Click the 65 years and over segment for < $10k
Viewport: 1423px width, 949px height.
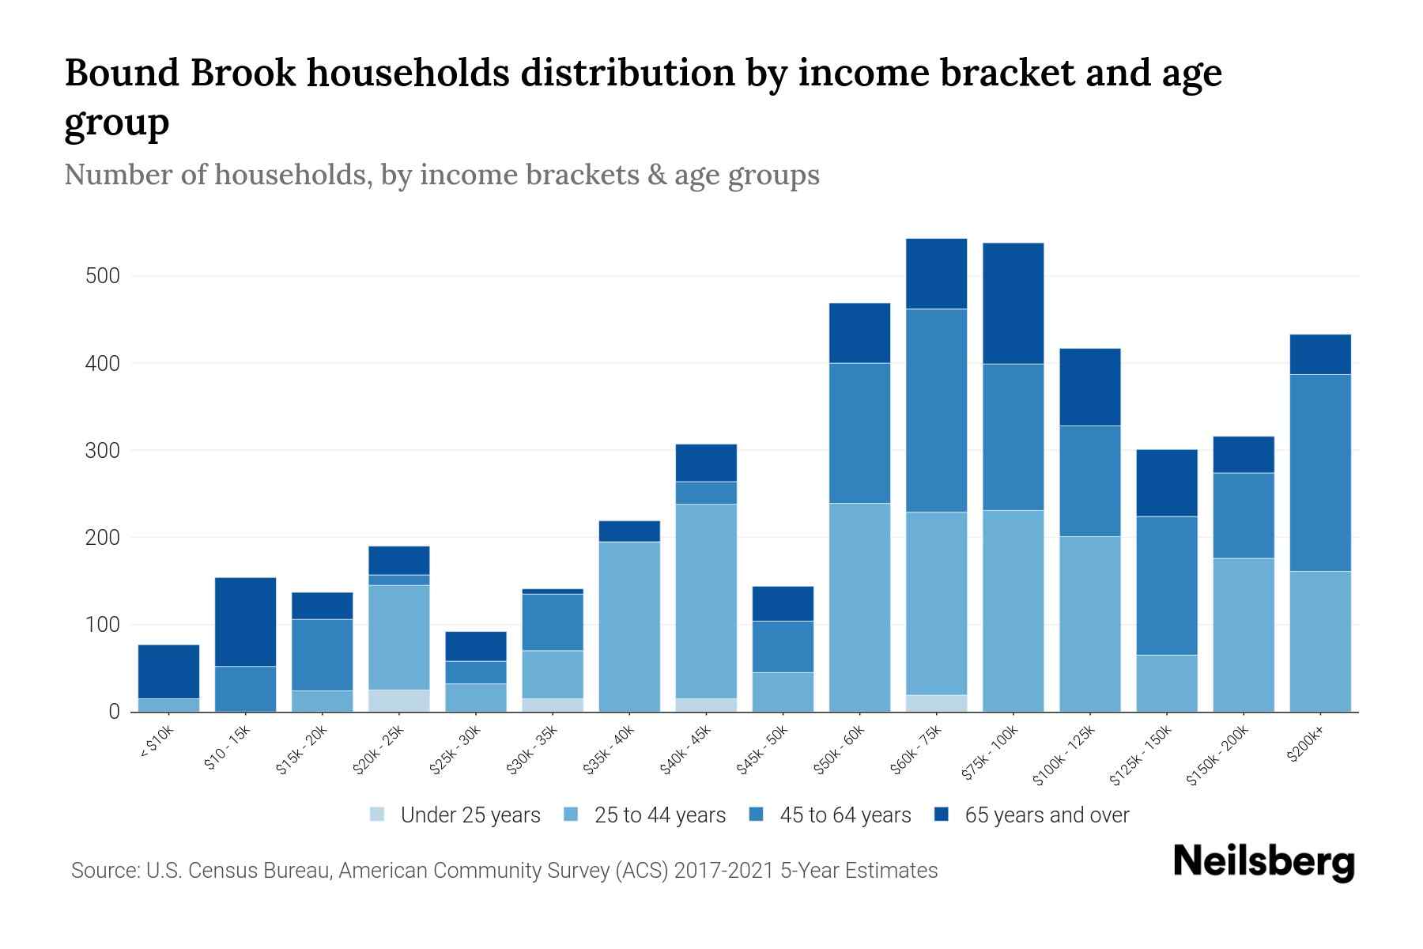[168, 671]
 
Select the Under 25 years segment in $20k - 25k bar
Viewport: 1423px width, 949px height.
[399, 701]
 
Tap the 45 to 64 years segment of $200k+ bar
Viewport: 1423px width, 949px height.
[1320, 472]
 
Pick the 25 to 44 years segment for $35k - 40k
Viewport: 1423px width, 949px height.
[630, 626]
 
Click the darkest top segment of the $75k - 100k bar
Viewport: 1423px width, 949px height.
[1013, 303]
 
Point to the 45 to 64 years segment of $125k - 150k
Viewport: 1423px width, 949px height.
[1167, 585]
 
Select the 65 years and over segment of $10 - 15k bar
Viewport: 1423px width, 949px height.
[246, 622]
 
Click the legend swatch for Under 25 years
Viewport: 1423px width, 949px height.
[378, 815]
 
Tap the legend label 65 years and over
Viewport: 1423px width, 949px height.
[1046, 815]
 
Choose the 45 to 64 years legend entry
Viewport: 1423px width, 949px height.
[844, 815]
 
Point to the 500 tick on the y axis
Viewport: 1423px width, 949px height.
[103, 276]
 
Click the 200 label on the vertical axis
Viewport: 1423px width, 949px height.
[103, 538]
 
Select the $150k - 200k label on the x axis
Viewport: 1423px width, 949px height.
[1217, 755]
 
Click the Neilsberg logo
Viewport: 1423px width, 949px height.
[1263, 862]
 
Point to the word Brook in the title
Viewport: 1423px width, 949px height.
[243, 73]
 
